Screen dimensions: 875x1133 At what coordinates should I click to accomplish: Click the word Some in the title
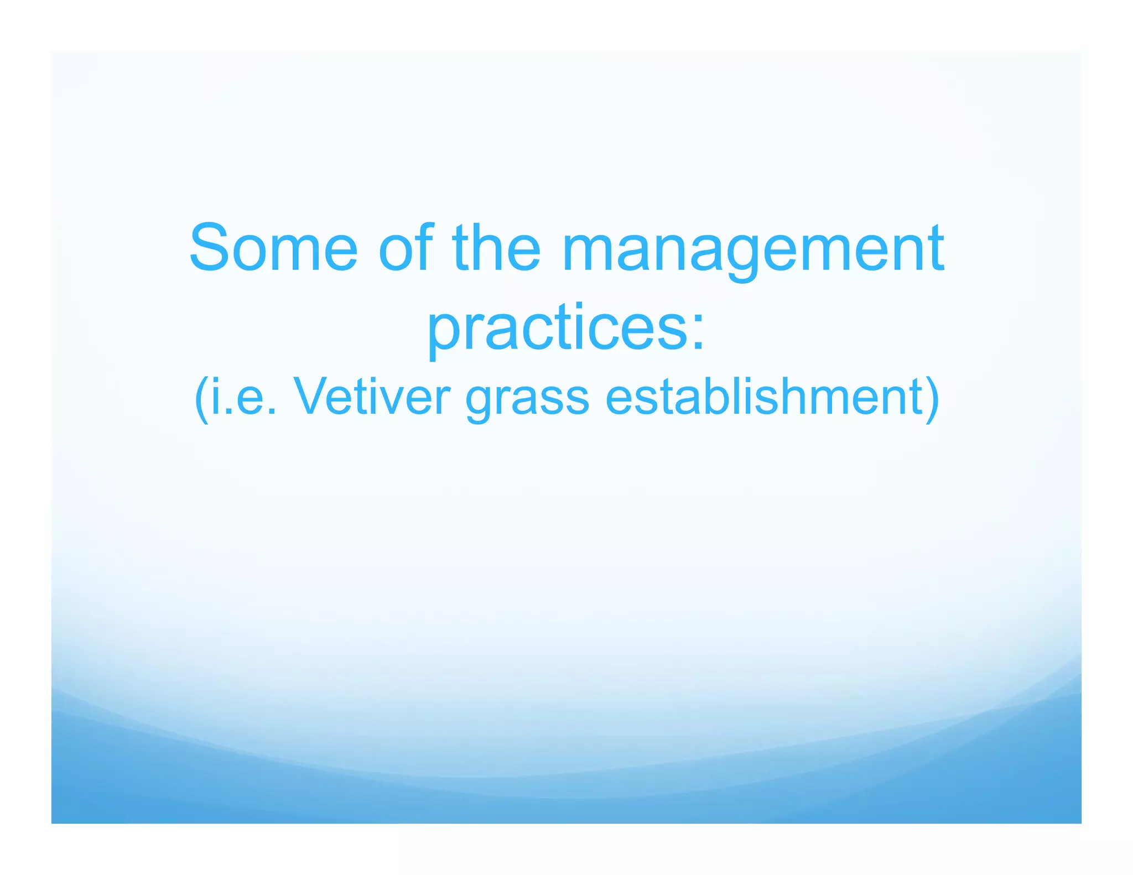[273, 248]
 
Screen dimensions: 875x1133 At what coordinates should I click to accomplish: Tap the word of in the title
[406, 248]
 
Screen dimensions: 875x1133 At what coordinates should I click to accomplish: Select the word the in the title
[496, 248]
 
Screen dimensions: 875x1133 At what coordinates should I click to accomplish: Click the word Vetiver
[372, 397]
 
